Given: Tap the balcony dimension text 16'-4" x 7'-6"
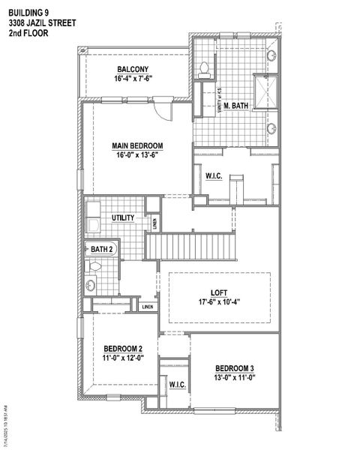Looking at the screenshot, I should click(x=133, y=79).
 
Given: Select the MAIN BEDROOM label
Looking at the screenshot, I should click(x=138, y=146).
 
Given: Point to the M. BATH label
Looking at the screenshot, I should click(x=237, y=105).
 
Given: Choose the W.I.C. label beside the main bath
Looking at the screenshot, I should click(x=213, y=176).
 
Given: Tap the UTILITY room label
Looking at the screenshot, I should click(x=123, y=218).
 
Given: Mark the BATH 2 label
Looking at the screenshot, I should click(x=102, y=249).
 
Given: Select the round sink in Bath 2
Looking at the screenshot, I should click(x=91, y=284).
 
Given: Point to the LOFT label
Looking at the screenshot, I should click(x=220, y=293).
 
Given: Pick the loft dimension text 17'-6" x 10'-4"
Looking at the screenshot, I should click(x=219, y=303).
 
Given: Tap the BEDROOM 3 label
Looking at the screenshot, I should click(x=235, y=368).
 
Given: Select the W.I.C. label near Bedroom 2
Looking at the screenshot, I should click(x=178, y=385).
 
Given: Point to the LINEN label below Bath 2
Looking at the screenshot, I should click(x=148, y=306).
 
